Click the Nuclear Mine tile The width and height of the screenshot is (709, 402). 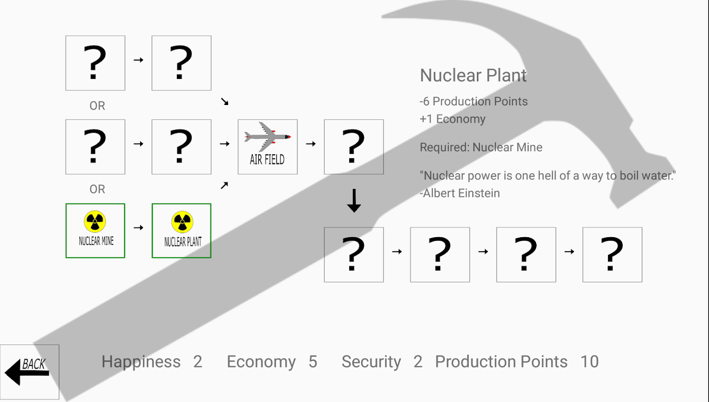pyautogui.click(x=95, y=231)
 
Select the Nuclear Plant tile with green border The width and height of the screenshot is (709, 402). pyautogui.click(x=181, y=231)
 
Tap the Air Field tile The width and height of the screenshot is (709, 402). pyautogui.click(x=267, y=147)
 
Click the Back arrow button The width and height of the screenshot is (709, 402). pyautogui.click(x=29, y=371)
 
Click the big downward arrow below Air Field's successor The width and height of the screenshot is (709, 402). pyautogui.click(x=354, y=200)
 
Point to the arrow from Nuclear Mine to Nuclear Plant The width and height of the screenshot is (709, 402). pyautogui.click(x=138, y=228)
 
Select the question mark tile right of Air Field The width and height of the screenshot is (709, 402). pyautogui.click(x=354, y=147)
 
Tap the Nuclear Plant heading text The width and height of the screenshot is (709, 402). pyautogui.click(x=473, y=75)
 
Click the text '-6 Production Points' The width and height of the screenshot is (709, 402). pyautogui.click(x=473, y=102)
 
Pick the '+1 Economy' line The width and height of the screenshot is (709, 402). pyautogui.click(x=452, y=119)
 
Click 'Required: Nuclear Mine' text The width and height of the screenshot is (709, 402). pyautogui.click(x=481, y=147)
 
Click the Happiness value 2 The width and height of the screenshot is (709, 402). pyautogui.click(x=197, y=362)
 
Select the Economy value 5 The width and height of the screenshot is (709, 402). pyautogui.click(x=313, y=362)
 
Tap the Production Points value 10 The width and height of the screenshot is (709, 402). pyautogui.click(x=589, y=362)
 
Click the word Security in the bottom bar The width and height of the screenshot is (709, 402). pyautogui.click(x=371, y=362)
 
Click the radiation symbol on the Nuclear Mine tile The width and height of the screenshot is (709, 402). pyautogui.click(x=95, y=221)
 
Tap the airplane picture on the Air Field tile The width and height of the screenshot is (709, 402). pyautogui.click(x=267, y=136)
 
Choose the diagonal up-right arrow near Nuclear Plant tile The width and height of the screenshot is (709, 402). pyautogui.click(x=224, y=185)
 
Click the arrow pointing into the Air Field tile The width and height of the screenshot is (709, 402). pyautogui.click(x=224, y=144)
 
